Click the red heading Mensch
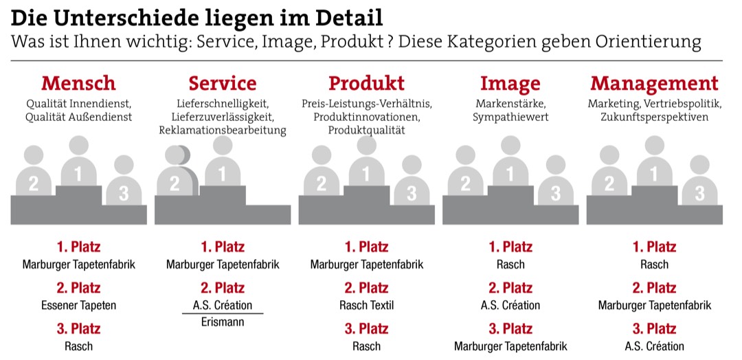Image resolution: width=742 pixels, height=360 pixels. (78, 84)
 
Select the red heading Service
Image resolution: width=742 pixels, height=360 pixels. (223, 84)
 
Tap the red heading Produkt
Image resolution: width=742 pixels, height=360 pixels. (366, 84)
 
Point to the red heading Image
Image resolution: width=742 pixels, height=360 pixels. (510, 84)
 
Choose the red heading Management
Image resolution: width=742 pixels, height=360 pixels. (654, 84)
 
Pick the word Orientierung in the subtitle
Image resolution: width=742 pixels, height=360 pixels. (648, 43)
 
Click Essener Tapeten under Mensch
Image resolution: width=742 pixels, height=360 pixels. (78, 305)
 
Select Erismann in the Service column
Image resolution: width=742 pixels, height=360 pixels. (223, 322)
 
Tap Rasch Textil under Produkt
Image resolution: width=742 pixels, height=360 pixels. (366, 305)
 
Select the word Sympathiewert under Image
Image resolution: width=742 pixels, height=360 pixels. (510, 117)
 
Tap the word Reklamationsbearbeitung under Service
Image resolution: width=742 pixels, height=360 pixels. (223, 130)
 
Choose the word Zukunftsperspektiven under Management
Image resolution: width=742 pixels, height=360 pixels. (654, 117)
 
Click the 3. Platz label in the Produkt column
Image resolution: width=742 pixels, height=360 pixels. (366, 328)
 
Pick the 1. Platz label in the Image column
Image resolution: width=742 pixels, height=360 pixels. (510, 247)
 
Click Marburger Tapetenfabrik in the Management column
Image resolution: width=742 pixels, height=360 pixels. (654, 305)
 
